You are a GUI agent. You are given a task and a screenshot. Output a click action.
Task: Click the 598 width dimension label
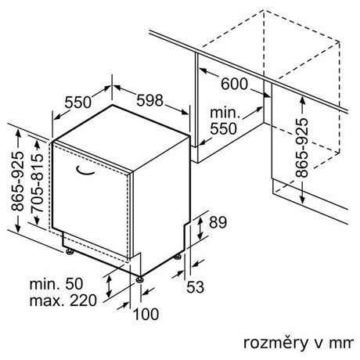point(149,100)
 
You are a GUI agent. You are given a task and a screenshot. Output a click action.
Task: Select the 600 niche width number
point(234,84)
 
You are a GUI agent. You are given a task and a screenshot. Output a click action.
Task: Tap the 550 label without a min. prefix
point(77,103)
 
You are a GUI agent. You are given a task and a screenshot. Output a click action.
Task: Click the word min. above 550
point(225,113)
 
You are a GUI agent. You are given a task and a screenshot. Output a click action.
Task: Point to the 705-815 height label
point(37,183)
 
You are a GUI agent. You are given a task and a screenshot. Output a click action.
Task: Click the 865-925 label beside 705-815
point(17,181)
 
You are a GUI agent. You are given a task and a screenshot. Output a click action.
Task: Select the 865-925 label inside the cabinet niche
point(302,148)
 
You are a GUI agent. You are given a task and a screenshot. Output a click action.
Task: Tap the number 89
point(218,222)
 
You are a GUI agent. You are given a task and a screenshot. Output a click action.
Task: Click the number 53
point(195,287)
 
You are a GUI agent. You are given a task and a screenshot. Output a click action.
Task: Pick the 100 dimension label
point(146,314)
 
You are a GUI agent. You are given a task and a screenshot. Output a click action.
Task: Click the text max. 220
point(63,301)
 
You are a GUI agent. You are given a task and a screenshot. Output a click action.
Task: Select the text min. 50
point(56,284)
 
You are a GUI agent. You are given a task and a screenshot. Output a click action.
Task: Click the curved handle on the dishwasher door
point(85,171)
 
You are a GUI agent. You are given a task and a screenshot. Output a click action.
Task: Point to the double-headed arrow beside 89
point(200,229)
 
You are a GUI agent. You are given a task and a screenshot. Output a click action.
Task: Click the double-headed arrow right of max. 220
point(109,286)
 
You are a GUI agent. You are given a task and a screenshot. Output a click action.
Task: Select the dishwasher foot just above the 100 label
point(139,279)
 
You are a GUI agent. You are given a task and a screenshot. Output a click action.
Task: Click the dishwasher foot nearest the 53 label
point(178,257)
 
